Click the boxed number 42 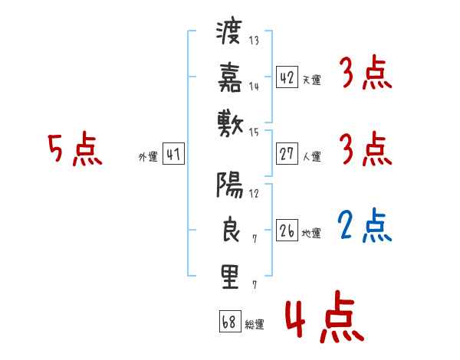pos(287,77)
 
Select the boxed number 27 pos(287,154)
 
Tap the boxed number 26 pos(287,230)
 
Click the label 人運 pos(311,157)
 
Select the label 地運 pos(311,234)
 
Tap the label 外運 pos(148,157)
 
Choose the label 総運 pos(255,324)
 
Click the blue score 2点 pos(364,225)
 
